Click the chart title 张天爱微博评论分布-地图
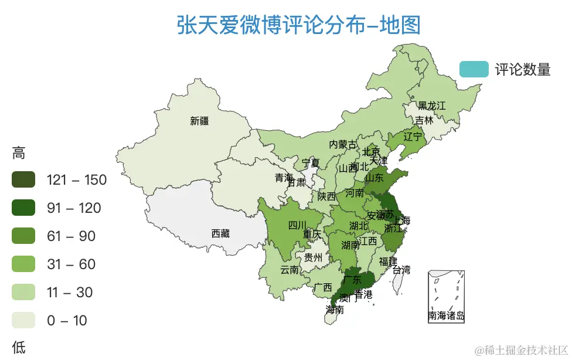pyautogui.click(x=298, y=26)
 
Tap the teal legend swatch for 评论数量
pyautogui.click(x=474, y=69)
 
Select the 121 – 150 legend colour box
pyautogui.click(x=23, y=180)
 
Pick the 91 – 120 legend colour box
pyautogui.click(x=23, y=208)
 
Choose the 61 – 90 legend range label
pyautogui.click(x=71, y=236)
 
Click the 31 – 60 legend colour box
pyautogui.click(x=23, y=264)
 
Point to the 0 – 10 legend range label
pyautogui.click(x=67, y=321)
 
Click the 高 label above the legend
pyautogui.click(x=19, y=154)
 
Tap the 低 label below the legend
pyautogui.click(x=19, y=347)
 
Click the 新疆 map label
pyautogui.click(x=199, y=121)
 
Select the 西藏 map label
pyautogui.click(x=220, y=233)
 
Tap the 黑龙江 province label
pyautogui.click(x=432, y=106)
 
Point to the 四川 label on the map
pyautogui.click(x=297, y=225)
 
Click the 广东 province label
pyautogui.click(x=352, y=280)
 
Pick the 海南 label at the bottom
pyautogui.click(x=335, y=310)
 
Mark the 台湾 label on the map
pyautogui.click(x=401, y=270)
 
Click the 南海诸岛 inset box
pyautogui.click(x=447, y=296)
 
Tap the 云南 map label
pyautogui.click(x=289, y=270)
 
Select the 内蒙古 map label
pyautogui.click(x=342, y=144)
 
